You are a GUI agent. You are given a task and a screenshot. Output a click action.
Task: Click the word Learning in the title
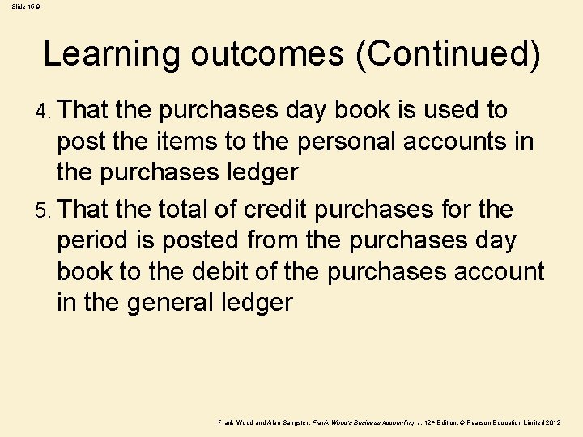(112, 54)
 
